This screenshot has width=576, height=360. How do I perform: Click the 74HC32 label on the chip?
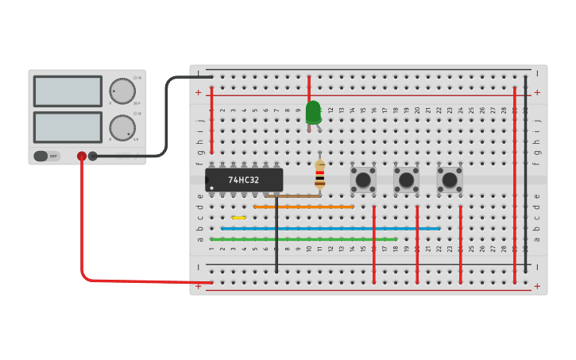pos(244,180)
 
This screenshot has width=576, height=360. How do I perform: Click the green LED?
pos(313,111)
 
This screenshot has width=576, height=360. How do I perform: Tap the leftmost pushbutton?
pos(363,179)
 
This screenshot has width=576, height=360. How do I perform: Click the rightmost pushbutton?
pos(449,179)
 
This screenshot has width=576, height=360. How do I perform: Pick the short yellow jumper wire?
pos(238,217)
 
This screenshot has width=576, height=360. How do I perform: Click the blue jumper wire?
pos(330,228)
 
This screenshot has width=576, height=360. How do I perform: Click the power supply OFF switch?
pos(46,156)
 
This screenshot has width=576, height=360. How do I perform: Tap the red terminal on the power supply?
pos(82,157)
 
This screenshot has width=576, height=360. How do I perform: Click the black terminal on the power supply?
pos(93,157)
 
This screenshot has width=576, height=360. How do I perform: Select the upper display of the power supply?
pos(68,91)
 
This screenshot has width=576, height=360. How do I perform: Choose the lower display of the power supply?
pos(68,127)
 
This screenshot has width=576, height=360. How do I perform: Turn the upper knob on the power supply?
pos(122,91)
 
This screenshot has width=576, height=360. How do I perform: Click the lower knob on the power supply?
pos(122,127)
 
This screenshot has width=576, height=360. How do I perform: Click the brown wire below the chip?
pos(296,195)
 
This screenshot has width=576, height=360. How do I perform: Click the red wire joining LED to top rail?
pos(309,87)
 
